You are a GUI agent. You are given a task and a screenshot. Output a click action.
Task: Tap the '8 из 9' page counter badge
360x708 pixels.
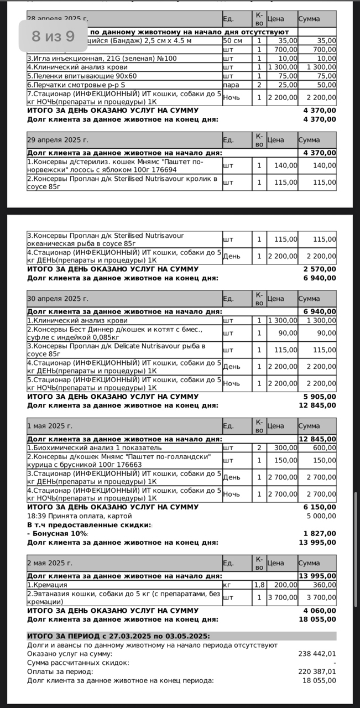click(x=53, y=37)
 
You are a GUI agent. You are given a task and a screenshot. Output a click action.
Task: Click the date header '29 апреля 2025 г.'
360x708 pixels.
click(x=58, y=139)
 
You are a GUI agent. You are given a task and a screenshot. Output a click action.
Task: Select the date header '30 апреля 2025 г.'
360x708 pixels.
click(x=58, y=298)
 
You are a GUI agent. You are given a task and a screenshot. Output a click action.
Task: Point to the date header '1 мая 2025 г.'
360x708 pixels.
click(x=50, y=426)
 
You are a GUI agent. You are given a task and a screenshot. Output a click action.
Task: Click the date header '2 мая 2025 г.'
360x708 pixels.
click(x=50, y=563)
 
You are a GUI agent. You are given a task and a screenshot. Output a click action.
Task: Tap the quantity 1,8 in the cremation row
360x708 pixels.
click(x=259, y=584)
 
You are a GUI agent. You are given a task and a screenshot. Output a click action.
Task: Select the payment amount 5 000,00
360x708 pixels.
click(x=320, y=516)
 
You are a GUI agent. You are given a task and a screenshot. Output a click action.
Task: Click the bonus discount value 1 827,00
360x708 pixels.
click(x=320, y=533)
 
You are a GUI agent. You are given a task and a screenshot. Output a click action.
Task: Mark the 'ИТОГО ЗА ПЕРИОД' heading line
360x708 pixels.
click(x=118, y=636)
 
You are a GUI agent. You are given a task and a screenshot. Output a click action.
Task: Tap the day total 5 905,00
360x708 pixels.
click(x=320, y=396)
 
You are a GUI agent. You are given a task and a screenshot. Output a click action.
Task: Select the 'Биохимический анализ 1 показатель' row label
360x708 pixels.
click(x=95, y=447)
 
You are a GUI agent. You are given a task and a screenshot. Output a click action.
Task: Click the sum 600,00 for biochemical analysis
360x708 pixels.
click(x=324, y=447)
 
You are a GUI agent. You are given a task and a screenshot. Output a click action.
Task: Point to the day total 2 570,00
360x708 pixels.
click(x=320, y=269)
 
